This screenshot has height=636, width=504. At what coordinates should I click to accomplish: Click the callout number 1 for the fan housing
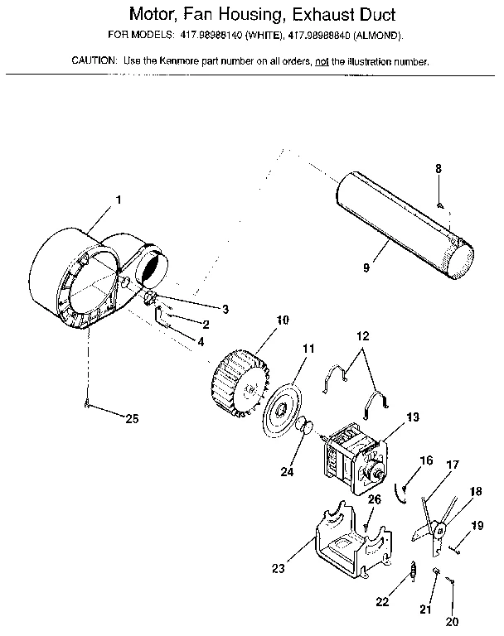tap(119, 199)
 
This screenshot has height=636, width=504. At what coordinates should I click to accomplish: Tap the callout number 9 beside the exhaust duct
tap(366, 268)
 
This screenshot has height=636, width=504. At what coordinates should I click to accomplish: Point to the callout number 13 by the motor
tap(414, 417)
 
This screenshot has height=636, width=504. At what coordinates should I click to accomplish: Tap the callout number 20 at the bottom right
tap(451, 621)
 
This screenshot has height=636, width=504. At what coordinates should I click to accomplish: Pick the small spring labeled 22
tap(412, 571)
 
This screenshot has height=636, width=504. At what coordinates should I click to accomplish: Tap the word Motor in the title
tap(157, 15)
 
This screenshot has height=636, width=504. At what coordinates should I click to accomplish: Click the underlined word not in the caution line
tap(322, 61)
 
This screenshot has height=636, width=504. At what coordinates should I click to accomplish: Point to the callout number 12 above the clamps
tap(361, 337)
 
